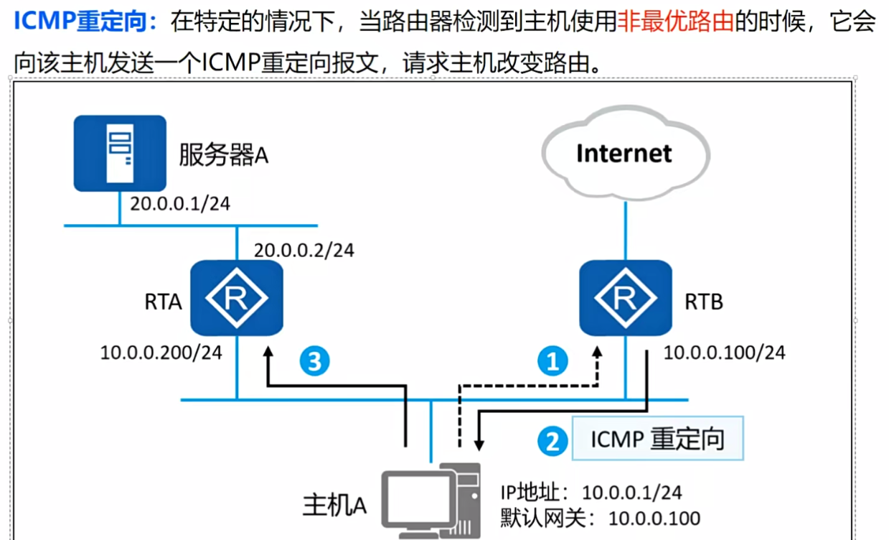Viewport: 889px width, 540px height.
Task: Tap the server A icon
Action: point(120,154)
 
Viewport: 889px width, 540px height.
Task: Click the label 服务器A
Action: point(223,154)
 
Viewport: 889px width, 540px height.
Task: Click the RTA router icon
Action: point(236,298)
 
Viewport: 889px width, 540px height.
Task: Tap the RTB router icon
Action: point(626,298)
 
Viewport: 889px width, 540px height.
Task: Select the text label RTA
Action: point(163,302)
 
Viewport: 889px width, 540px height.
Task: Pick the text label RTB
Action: point(704,302)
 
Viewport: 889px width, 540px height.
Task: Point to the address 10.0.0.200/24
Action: point(161,352)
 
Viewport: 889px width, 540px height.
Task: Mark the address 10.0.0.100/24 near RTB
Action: point(724,352)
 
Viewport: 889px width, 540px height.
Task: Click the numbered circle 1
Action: point(552,361)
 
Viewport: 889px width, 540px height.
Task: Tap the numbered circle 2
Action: point(552,439)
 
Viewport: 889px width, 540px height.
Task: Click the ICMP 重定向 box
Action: point(657,439)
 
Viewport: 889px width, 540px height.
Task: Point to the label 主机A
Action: point(334,505)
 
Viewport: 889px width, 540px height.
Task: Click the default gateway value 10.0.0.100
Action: point(654,517)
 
